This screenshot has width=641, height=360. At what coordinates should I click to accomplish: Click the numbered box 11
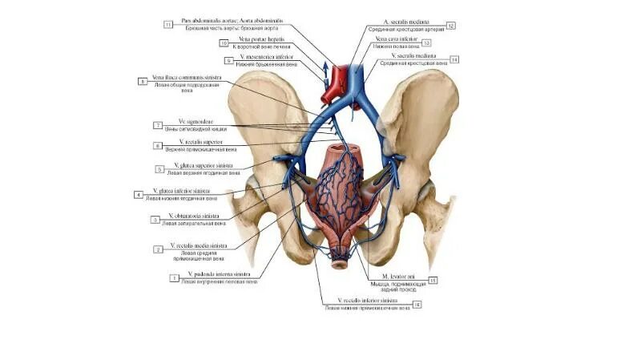[168, 25]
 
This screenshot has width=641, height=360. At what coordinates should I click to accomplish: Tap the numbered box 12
[451, 26]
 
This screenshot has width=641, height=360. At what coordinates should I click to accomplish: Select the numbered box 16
[417, 305]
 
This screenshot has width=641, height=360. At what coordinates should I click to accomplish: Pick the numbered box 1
[173, 277]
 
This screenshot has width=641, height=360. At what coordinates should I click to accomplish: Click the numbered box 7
[158, 125]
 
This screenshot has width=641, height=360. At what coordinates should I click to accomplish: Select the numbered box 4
[139, 194]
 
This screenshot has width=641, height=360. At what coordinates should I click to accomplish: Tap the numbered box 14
[454, 59]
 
